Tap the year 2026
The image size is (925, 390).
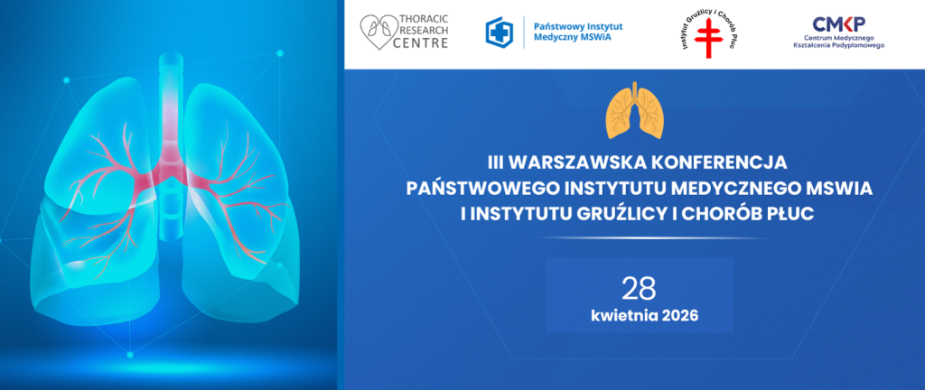point(677,317)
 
